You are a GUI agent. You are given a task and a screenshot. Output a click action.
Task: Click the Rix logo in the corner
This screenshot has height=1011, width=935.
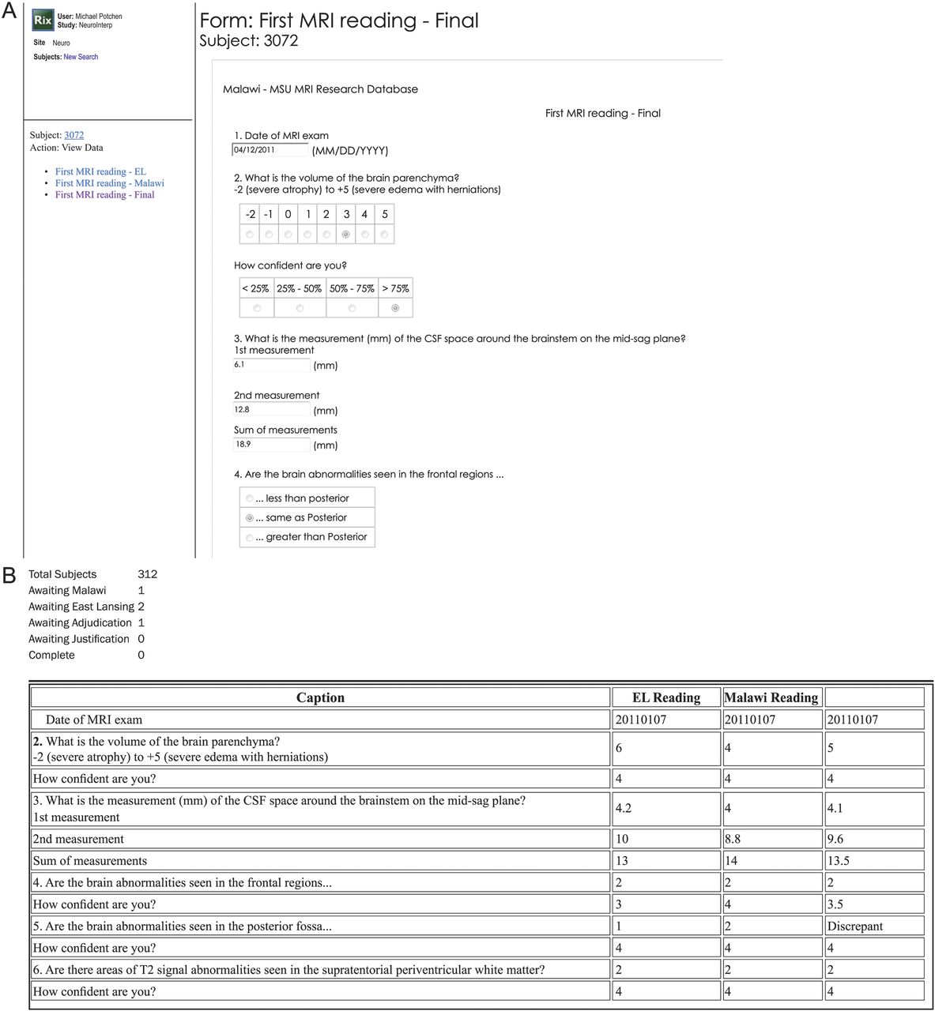pos(43,21)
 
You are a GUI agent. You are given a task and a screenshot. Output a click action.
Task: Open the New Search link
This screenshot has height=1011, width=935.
pos(81,57)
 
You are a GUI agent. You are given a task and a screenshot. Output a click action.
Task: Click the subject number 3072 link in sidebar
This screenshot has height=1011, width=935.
pos(74,135)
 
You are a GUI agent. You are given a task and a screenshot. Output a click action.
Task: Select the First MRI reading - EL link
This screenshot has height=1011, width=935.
pos(100,171)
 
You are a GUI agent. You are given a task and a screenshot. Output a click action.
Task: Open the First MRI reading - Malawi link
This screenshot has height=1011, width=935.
pos(109,183)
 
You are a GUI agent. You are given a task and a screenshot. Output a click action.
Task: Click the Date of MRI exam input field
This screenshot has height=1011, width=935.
pos(270,150)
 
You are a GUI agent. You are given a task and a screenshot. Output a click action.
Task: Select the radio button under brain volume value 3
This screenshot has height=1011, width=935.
pos(345,235)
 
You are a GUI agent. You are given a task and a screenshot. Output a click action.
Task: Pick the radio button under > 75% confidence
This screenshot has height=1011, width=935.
pos(395,308)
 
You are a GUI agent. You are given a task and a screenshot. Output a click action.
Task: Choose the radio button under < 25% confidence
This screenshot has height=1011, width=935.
pos(256,308)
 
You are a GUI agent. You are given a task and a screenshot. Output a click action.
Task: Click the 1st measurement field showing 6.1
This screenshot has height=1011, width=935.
pos(270,365)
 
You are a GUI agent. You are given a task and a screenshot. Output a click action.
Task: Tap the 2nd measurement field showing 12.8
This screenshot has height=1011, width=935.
pos(270,410)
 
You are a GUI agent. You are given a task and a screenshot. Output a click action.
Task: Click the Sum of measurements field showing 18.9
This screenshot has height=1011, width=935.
pos(270,445)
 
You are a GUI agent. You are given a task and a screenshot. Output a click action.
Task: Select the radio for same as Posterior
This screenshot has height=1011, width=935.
pos(250,518)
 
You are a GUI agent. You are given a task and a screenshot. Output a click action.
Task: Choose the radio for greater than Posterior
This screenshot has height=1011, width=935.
pos(250,538)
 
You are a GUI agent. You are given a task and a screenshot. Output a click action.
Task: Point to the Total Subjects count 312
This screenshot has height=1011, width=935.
pos(147,574)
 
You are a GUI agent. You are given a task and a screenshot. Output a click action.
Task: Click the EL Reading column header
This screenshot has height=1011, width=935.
pos(665,697)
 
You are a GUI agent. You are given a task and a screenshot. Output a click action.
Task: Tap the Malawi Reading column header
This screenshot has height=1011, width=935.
pos(771,697)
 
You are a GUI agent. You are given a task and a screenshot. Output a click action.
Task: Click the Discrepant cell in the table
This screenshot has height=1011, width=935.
pos(854,926)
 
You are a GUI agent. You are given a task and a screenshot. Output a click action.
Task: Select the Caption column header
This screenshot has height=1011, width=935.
pos(320,697)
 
